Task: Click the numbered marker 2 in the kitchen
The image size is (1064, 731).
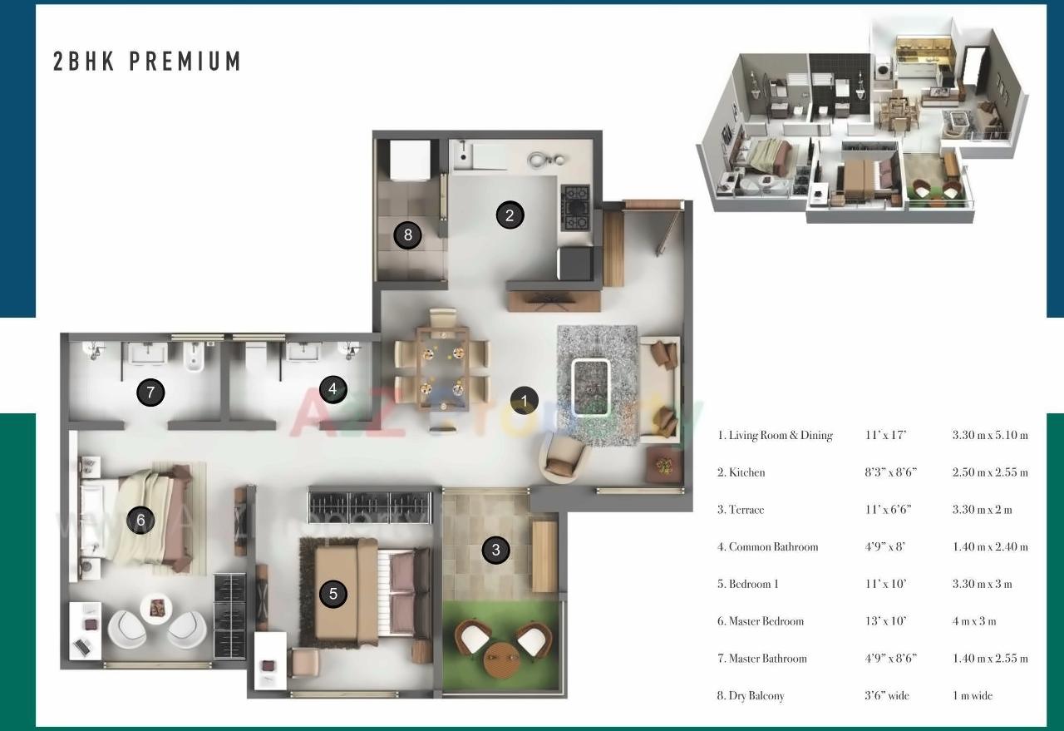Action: [510, 215]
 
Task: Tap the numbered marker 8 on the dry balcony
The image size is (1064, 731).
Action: [407, 235]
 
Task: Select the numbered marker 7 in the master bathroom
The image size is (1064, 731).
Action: [150, 393]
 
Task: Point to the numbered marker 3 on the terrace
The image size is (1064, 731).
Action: [496, 550]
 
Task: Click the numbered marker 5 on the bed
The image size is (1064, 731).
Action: [333, 594]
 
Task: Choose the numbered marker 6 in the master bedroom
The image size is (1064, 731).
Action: [140, 521]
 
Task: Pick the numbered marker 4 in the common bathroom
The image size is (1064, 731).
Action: [332, 388]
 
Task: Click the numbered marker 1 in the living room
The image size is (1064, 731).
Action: [524, 401]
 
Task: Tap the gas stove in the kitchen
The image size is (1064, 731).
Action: [575, 207]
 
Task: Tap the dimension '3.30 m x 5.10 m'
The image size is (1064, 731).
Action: [990, 435]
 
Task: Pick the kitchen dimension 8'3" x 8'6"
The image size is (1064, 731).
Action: [890, 472]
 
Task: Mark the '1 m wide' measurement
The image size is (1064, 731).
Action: [973, 695]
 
